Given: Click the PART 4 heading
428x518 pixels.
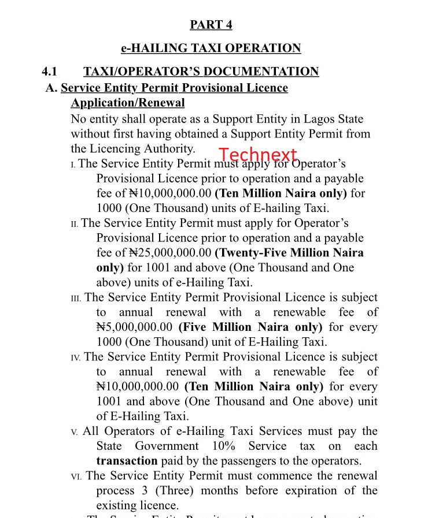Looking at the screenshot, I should click(211, 25).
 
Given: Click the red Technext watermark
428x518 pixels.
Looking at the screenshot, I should click(258, 155).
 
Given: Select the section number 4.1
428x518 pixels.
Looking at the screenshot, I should click(50, 72).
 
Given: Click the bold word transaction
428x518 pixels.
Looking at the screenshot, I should click(127, 461).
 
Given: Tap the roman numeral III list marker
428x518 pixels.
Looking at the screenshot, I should click(76, 299).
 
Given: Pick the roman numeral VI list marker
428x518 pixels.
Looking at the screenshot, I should click(76, 476).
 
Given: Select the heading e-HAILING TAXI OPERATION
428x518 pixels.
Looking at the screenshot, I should click(211, 48).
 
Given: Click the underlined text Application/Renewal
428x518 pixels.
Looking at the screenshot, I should click(127, 103).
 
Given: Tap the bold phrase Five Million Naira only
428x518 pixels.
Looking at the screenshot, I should click(250, 327).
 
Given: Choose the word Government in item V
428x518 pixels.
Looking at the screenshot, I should click(167, 446).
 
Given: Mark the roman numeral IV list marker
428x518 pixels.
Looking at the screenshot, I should click(76, 358).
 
